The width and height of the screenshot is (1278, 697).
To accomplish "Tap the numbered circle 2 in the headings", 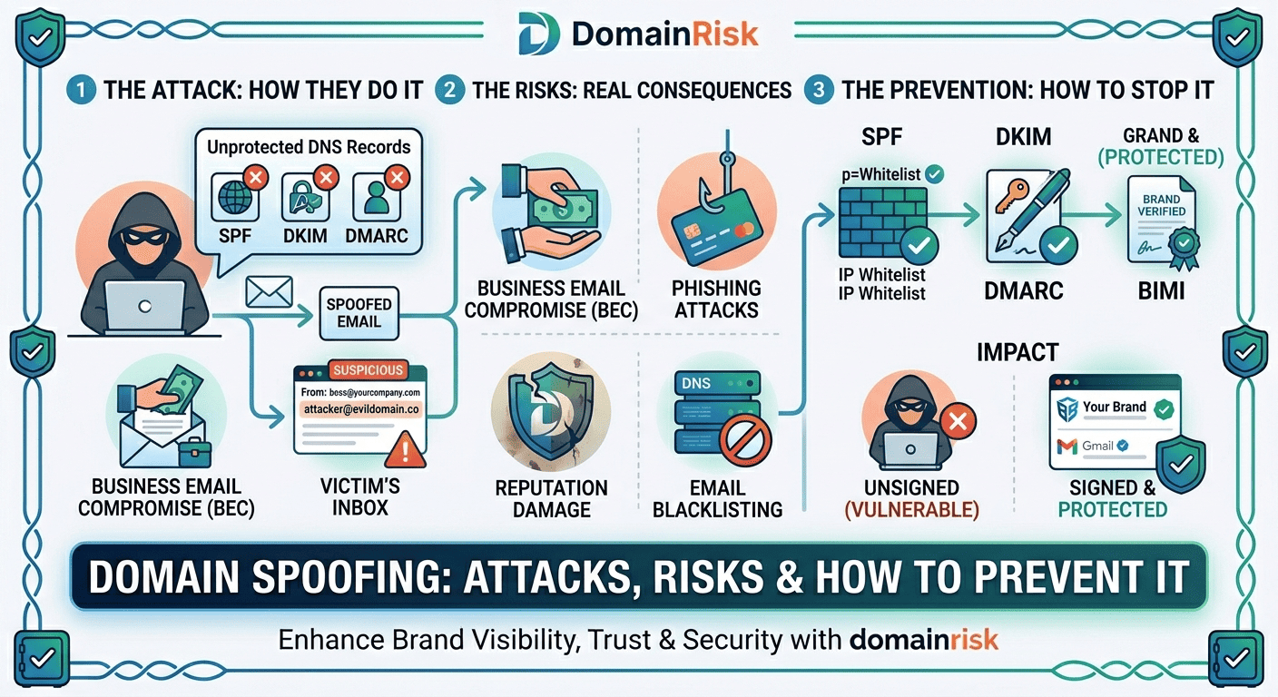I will coord(449,90).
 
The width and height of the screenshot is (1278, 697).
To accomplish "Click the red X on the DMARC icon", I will coord(395,177).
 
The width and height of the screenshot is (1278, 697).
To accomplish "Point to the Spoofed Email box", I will coord(359,312).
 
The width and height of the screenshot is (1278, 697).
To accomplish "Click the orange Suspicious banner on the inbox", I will coord(367,370).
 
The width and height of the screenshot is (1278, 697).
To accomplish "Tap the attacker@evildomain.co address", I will coord(360,410).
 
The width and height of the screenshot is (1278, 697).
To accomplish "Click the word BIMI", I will coord(1162,292).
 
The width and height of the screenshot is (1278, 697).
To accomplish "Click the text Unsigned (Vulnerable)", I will coord(912,499).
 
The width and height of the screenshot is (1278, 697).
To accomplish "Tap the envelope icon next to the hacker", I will coord(269,291).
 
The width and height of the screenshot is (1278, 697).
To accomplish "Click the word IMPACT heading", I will coord(1017,352).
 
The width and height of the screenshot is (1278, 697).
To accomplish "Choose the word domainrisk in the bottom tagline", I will coord(923,639).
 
